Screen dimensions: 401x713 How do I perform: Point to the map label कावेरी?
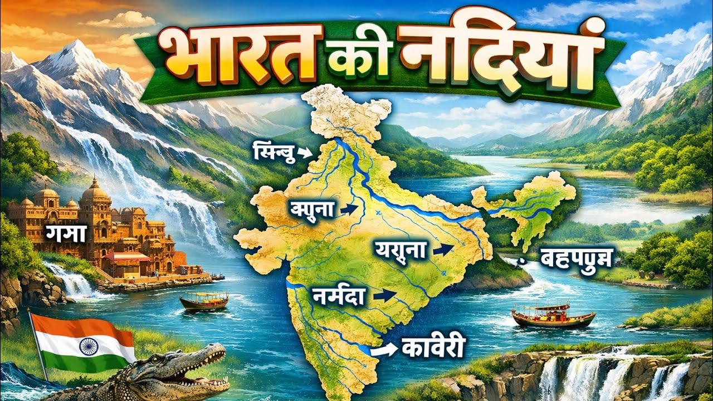coord(429,349)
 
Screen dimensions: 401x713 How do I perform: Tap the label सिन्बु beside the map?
coord(273,150)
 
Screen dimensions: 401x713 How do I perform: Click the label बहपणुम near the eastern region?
coord(576,258)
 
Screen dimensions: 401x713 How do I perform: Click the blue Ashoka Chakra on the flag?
coord(87,346)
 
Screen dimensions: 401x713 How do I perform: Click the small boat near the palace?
coord(204,301)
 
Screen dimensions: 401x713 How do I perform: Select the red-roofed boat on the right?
coord(553,315)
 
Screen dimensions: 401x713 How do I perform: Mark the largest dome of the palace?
coord(95,192)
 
